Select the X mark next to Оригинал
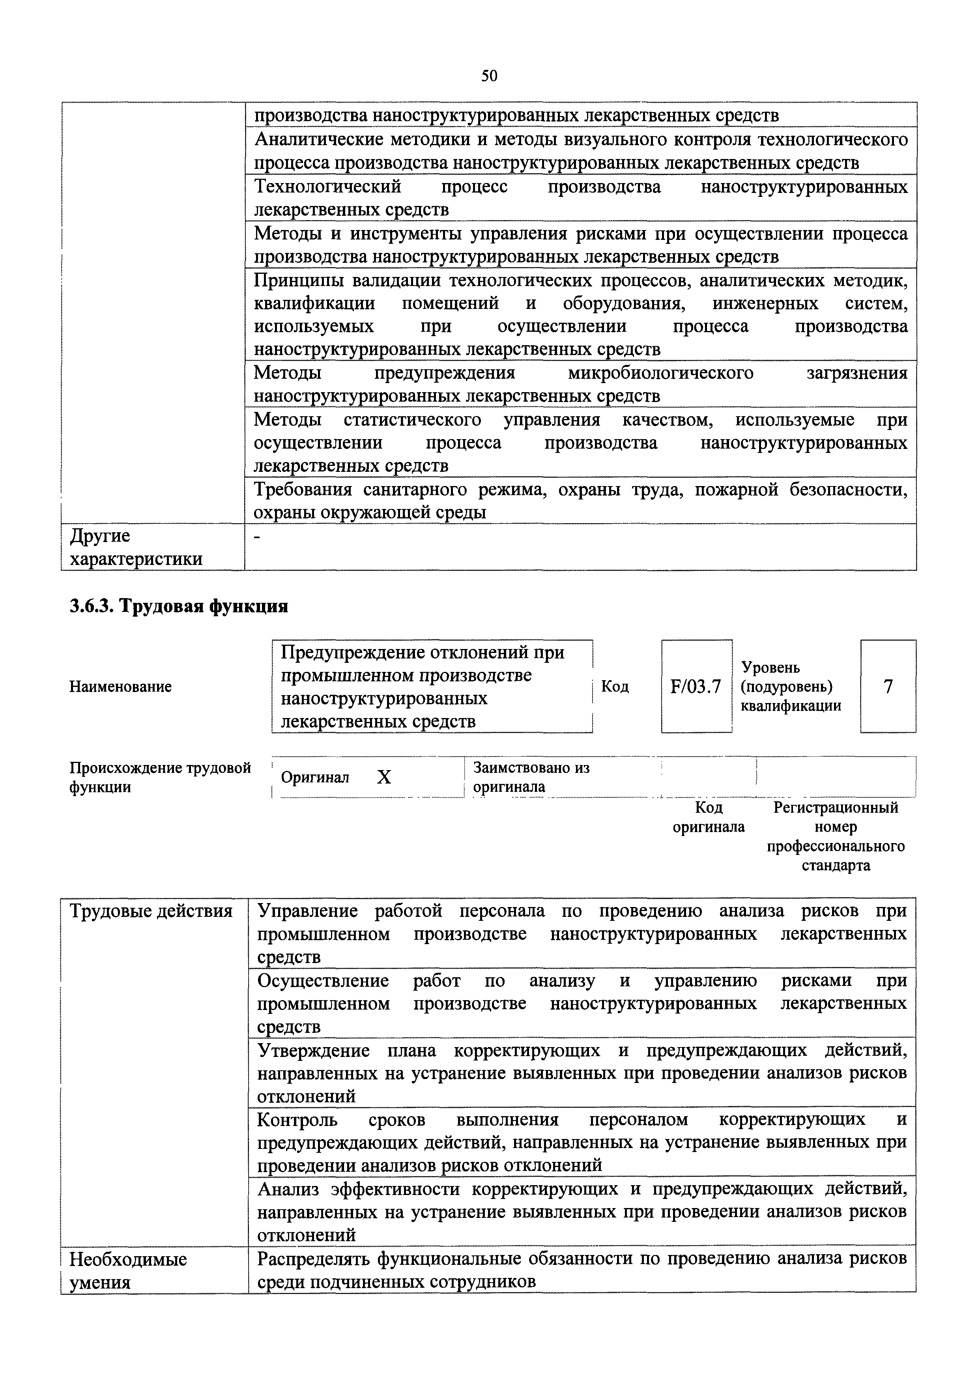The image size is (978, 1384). (x=384, y=778)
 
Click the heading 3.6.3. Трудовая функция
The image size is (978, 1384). (x=179, y=606)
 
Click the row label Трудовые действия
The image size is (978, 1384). (x=151, y=911)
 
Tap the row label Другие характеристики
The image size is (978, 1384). (x=136, y=547)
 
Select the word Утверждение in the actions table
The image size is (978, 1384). (x=313, y=1050)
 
